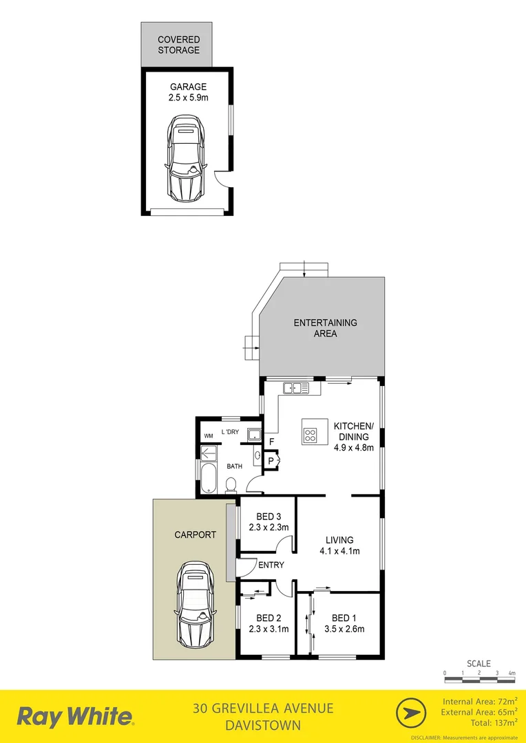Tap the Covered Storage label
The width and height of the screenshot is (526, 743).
(x=178, y=45)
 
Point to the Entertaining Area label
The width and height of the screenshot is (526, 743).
(x=325, y=328)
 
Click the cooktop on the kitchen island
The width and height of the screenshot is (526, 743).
(x=310, y=434)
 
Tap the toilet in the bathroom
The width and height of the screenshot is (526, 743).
(x=231, y=486)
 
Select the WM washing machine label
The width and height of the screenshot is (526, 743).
(x=208, y=436)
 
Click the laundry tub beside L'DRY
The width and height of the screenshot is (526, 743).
(x=255, y=433)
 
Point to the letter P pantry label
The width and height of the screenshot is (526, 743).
(x=271, y=460)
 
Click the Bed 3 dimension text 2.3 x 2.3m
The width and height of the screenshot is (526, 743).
(x=268, y=528)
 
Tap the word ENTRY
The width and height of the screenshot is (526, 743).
(x=271, y=565)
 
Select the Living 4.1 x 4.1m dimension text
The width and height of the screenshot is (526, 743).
(x=340, y=550)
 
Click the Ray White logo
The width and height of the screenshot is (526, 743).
(x=75, y=717)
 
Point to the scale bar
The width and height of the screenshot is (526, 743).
(x=479, y=679)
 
